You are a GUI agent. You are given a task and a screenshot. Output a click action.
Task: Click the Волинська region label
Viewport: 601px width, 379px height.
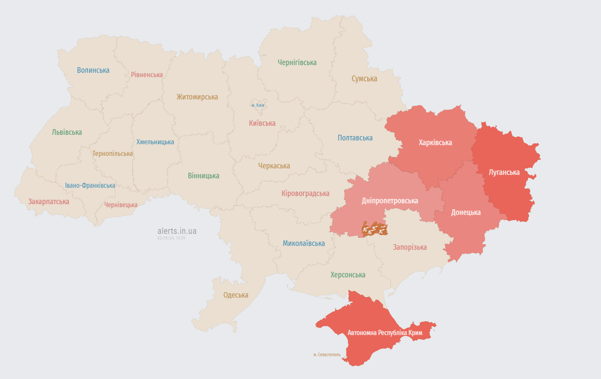click(93, 70)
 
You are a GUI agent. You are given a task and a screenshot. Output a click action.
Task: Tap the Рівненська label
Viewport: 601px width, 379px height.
click(147, 75)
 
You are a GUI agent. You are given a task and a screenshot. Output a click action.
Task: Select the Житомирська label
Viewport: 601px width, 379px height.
click(197, 97)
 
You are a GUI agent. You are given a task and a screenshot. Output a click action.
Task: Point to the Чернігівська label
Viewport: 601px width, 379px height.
click(297, 62)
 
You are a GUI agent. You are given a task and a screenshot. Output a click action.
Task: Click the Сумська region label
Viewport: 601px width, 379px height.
click(364, 78)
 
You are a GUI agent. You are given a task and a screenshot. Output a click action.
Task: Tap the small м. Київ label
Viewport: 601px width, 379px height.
click(258, 105)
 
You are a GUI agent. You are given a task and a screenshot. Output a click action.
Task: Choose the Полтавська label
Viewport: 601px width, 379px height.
click(355, 138)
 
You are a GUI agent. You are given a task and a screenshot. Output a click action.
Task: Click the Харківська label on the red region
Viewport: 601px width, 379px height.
click(435, 143)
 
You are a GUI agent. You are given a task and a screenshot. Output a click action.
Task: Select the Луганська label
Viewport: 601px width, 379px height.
click(504, 172)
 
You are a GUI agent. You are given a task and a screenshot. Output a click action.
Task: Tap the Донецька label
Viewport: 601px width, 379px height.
click(466, 212)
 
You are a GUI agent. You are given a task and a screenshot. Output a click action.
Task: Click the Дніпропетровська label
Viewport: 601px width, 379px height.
click(389, 200)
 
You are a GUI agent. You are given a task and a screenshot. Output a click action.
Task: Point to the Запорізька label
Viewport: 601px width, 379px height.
click(410, 247)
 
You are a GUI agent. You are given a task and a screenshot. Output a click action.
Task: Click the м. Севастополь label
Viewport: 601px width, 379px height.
click(327, 354)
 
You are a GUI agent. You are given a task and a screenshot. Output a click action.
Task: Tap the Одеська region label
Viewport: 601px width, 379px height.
click(236, 295)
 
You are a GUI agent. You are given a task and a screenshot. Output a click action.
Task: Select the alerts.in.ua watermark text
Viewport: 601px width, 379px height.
click(177, 230)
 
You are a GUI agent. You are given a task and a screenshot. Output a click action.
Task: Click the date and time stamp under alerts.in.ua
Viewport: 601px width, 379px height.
click(171, 238)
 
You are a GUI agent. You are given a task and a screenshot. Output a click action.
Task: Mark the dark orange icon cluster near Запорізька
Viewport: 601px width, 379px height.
click(375, 229)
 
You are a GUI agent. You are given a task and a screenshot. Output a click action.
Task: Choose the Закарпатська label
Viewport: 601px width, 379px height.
click(48, 201)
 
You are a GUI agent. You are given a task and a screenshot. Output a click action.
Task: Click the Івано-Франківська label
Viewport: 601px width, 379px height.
click(90, 186)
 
